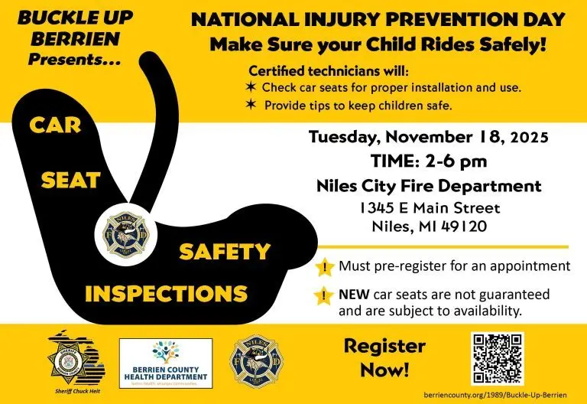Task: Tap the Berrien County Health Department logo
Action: (x=165, y=363)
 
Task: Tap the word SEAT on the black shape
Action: (x=70, y=180)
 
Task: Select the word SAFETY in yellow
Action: (x=225, y=251)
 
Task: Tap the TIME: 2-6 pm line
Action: (x=428, y=161)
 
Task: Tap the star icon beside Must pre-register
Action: (x=325, y=268)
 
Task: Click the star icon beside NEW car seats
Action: (x=325, y=295)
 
